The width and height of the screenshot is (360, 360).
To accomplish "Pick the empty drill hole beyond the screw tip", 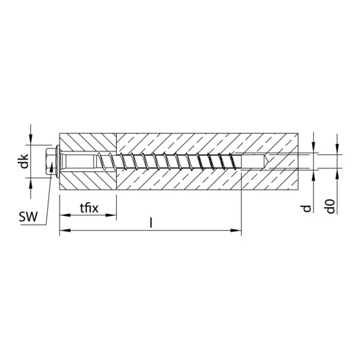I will pyautogui.click(x=270, y=161).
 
